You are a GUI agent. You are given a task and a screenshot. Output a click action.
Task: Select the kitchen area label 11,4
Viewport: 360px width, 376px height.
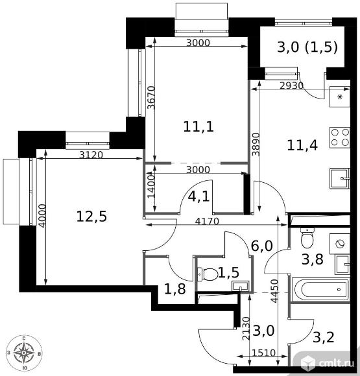[302, 145]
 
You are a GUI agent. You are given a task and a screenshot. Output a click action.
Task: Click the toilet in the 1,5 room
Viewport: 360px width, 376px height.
[208, 274]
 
